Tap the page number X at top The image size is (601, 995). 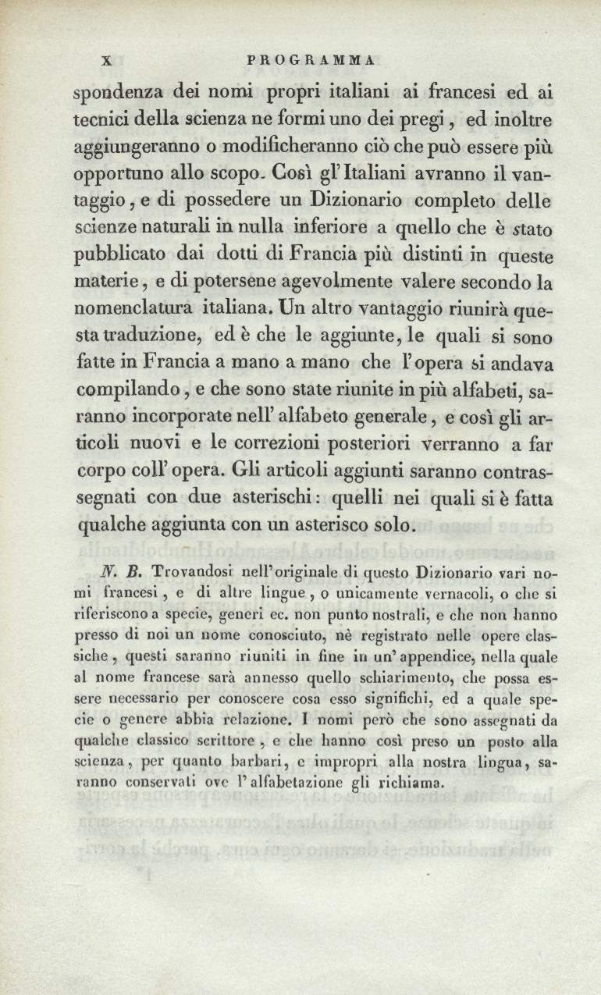pos(109,59)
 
